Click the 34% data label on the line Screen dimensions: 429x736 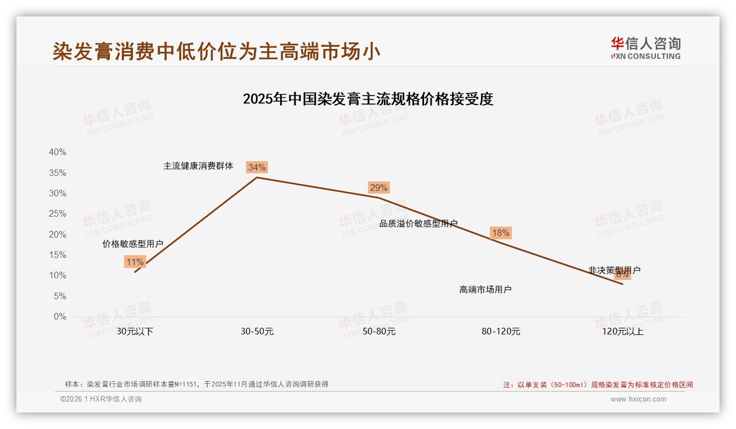click(257, 167)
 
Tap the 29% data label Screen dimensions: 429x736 click(378, 188)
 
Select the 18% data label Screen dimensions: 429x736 click(500, 233)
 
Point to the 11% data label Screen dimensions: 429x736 click(135, 262)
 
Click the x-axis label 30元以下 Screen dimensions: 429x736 click(135, 332)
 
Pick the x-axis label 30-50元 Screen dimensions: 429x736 click(257, 332)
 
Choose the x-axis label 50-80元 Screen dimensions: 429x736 click(378, 332)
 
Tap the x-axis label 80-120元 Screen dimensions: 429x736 click(500, 332)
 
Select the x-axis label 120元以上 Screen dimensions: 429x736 click(622, 332)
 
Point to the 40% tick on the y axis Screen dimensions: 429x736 click(58, 152)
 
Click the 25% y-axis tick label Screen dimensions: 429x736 click(58, 214)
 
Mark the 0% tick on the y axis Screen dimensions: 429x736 click(60, 317)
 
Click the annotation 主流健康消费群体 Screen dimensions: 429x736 click(198, 166)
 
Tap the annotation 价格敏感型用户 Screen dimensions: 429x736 click(133, 244)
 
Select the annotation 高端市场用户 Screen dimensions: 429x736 click(486, 290)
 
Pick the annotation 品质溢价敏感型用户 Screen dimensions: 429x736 click(419, 224)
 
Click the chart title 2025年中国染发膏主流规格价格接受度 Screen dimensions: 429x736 click(368, 99)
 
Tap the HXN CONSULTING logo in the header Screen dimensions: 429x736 click(645, 48)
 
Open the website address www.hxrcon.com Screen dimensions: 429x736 click(638, 399)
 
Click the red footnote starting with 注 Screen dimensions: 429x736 click(598, 385)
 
